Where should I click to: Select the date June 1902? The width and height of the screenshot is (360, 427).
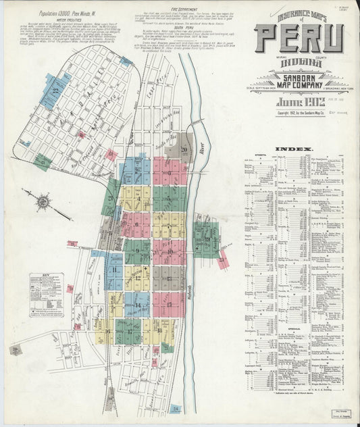tap(294, 101)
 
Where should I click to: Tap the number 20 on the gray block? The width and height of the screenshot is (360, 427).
tap(184, 149)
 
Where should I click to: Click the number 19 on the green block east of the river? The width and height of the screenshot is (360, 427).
tap(207, 238)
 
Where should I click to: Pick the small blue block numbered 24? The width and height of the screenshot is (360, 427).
tap(176, 409)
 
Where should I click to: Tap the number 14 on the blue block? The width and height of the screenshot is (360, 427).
tap(138, 305)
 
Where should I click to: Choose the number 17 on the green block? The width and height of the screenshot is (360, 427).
tap(128, 331)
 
